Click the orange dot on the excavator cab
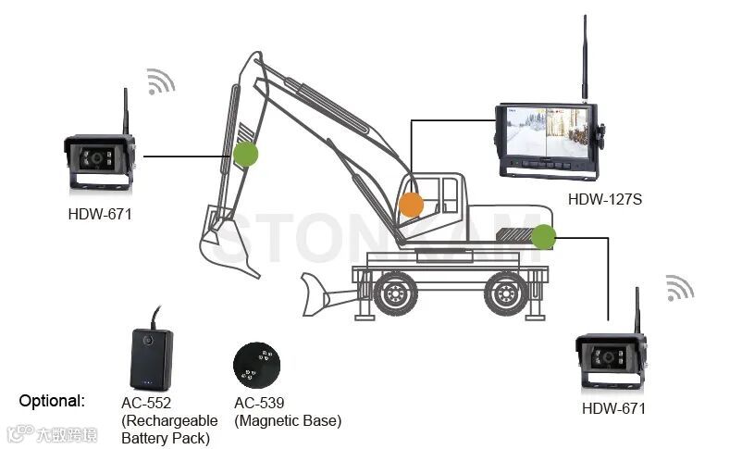(x=410, y=204)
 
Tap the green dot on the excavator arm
(x=245, y=154)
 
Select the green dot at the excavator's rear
(x=544, y=237)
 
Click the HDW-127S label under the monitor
(x=604, y=198)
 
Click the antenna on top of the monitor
(x=585, y=56)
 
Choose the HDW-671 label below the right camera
(x=613, y=407)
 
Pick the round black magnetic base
(x=256, y=367)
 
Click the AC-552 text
(x=146, y=403)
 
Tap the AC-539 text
(x=259, y=403)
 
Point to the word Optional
(x=53, y=401)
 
